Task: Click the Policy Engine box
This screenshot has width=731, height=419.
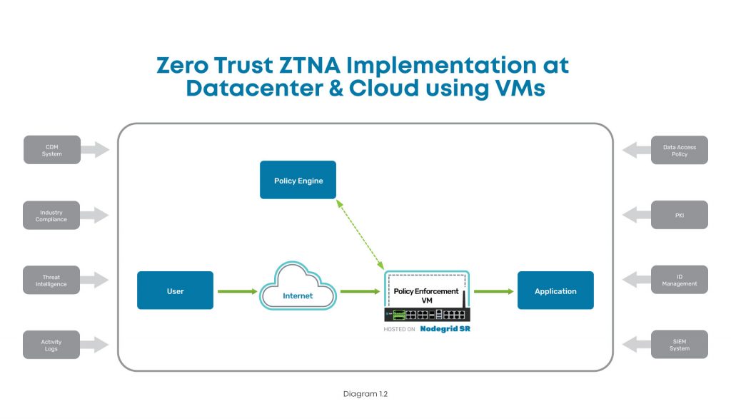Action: pyautogui.click(x=298, y=180)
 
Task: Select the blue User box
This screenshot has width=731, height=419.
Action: pyautogui.click(x=175, y=290)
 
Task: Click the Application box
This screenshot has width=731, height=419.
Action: pyautogui.click(x=555, y=290)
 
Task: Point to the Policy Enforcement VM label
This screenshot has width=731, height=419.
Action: pyautogui.click(x=426, y=296)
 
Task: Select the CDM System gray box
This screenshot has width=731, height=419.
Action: pyautogui.click(x=51, y=150)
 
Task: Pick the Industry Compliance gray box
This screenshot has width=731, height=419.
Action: pyautogui.click(x=51, y=215)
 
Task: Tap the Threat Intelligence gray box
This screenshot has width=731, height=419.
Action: pyautogui.click(x=51, y=280)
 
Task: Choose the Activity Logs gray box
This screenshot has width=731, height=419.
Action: pyautogui.click(x=51, y=345)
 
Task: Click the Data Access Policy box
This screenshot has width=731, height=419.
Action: pyautogui.click(x=679, y=150)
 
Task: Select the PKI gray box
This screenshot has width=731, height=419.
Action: pyautogui.click(x=679, y=215)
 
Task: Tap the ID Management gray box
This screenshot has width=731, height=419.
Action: pyautogui.click(x=679, y=280)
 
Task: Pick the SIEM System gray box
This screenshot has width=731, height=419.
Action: pyautogui.click(x=679, y=345)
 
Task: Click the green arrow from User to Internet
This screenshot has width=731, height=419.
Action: pyautogui.click(x=237, y=291)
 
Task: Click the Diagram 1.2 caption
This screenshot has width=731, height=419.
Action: pyautogui.click(x=365, y=393)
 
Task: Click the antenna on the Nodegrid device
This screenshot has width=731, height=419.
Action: pyautogui.click(x=465, y=301)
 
